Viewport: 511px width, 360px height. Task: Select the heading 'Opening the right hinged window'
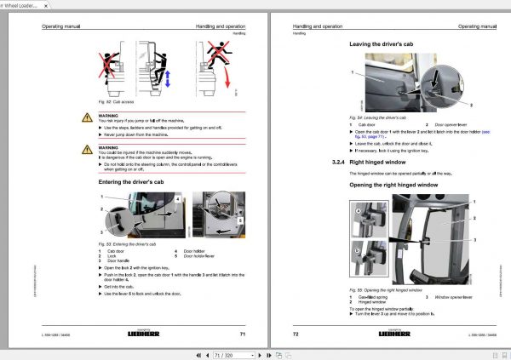click(399, 184)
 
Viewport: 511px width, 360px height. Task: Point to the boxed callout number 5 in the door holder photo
click(242, 220)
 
